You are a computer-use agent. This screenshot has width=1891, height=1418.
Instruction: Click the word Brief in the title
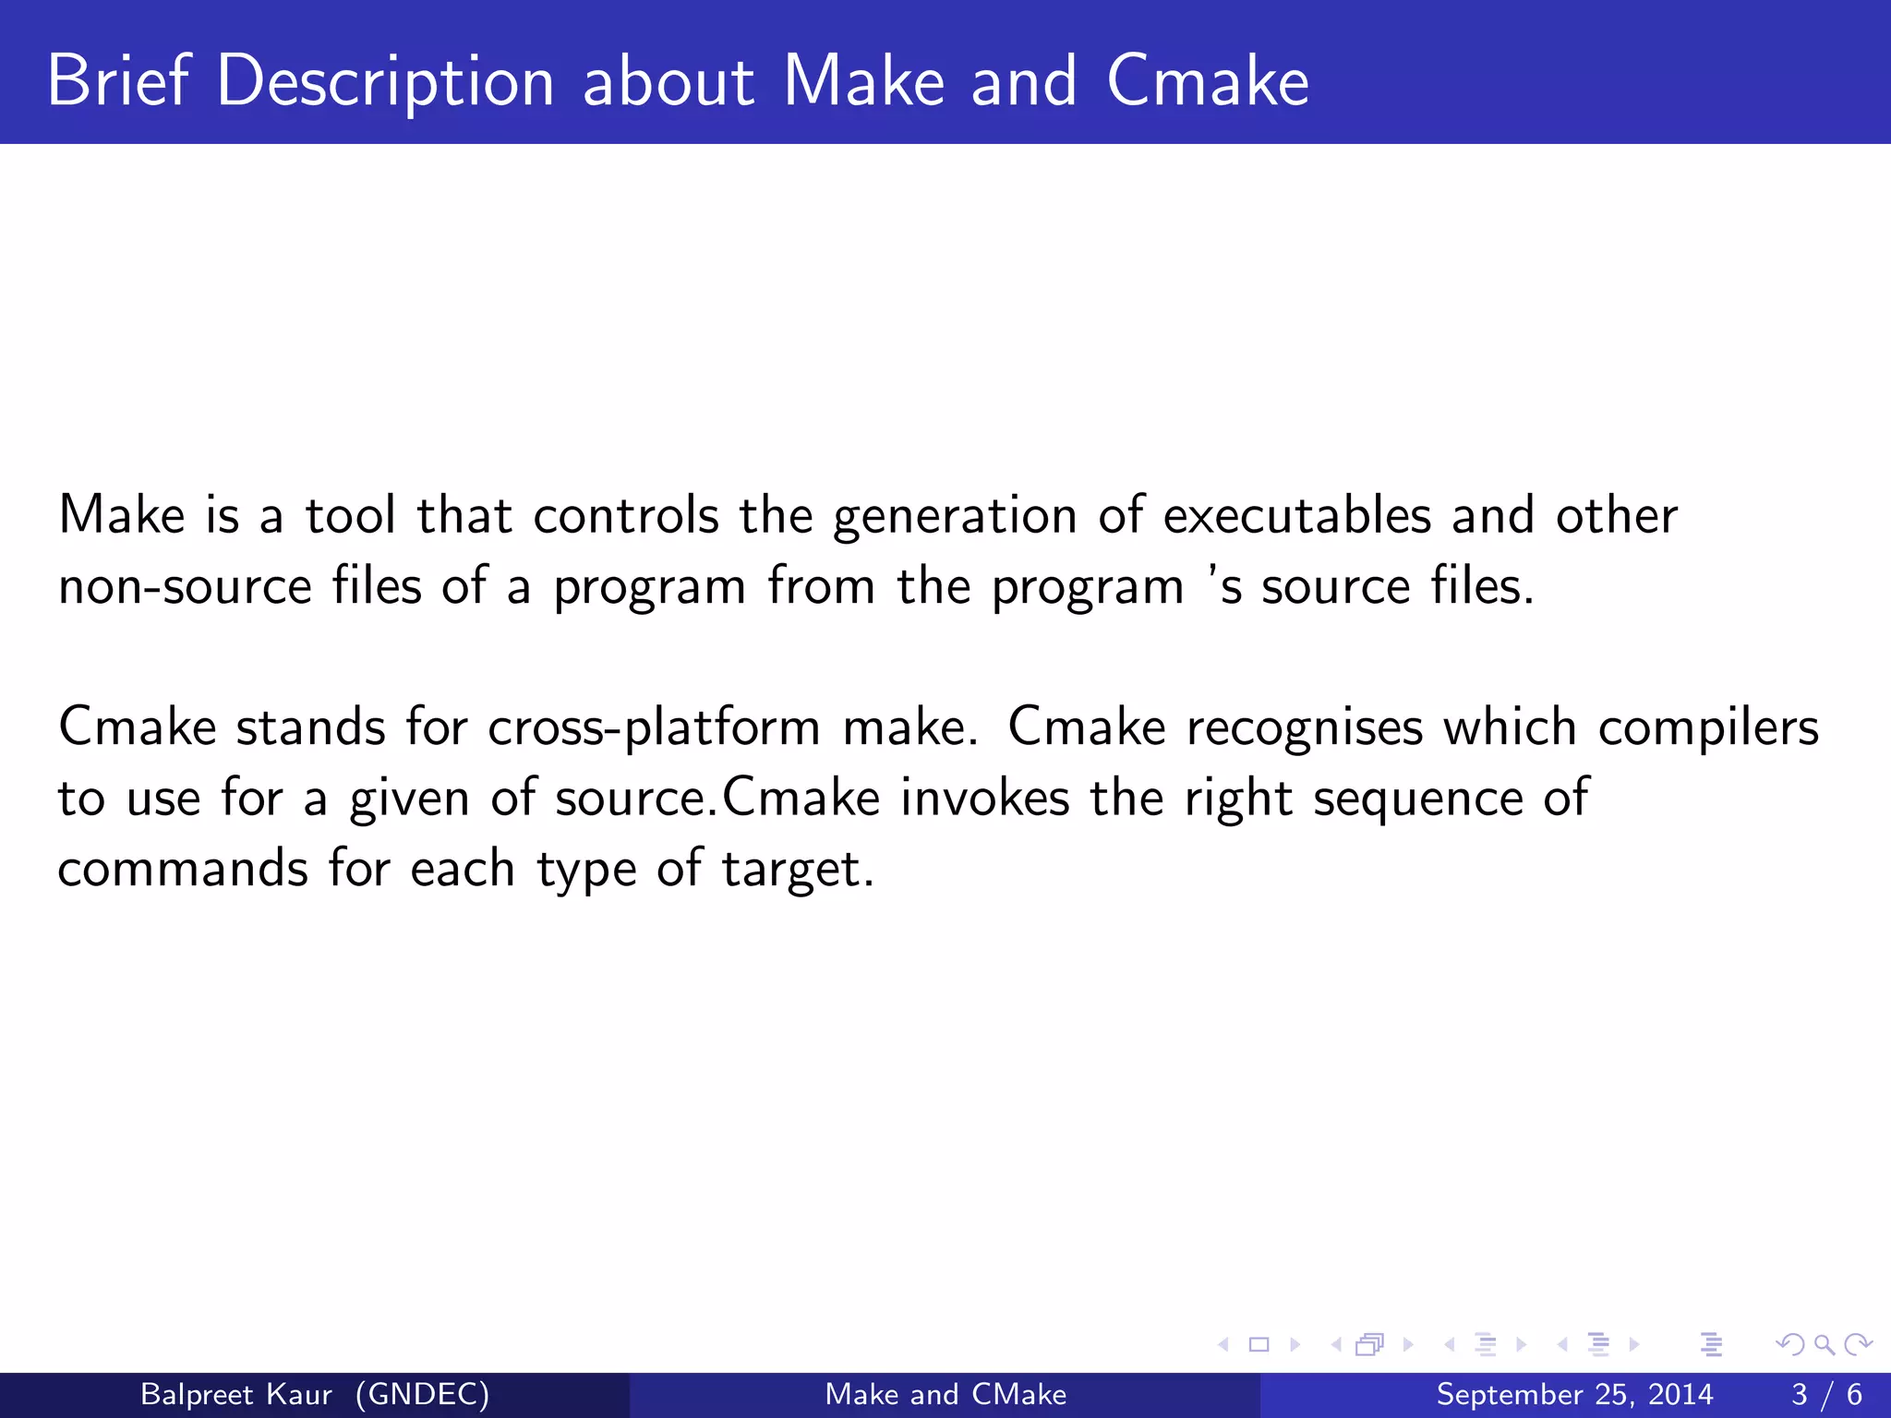click(x=117, y=81)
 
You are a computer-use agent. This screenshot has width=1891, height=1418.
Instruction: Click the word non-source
click(x=185, y=587)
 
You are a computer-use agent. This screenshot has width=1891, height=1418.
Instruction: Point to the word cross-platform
click(x=654, y=728)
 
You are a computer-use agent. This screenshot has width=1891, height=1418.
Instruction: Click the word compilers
click(x=1707, y=728)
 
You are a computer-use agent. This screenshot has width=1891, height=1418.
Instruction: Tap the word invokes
click(x=984, y=798)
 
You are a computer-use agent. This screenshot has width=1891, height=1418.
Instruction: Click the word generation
click(x=954, y=517)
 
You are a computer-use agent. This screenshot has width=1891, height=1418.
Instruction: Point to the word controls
click(x=625, y=516)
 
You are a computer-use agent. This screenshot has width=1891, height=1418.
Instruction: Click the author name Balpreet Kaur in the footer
click(x=235, y=1394)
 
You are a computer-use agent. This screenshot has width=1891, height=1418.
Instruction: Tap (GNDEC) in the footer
click(x=422, y=1394)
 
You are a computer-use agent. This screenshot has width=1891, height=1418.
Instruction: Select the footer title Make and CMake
click(x=945, y=1394)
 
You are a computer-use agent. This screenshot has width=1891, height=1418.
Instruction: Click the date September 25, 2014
click(x=1574, y=1394)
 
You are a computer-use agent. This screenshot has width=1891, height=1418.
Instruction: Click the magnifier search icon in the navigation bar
click(x=1824, y=1344)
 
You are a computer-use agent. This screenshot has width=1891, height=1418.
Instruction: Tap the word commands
click(x=183, y=870)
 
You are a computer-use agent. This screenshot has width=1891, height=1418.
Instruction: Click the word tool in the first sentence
click(x=350, y=516)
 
